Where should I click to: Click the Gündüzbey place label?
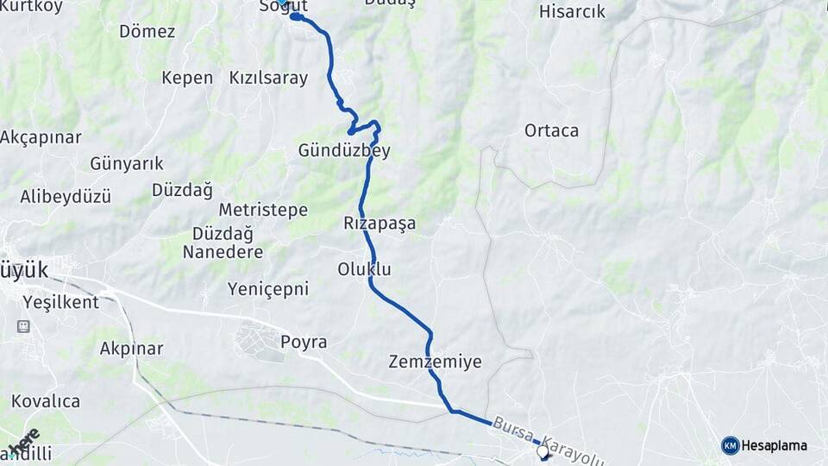click(x=344, y=151)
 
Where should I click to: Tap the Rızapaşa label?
click(x=379, y=224)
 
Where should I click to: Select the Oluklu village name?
click(x=364, y=270)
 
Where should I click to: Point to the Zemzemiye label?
click(x=435, y=362)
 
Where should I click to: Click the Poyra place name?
click(x=304, y=343)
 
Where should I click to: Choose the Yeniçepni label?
click(x=268, y=289)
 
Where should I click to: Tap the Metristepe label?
click(x=263, y=211)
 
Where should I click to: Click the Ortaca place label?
click(x=551, y=131)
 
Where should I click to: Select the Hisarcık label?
click(x=572, y=12)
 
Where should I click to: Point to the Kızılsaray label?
click(x=268, y=78)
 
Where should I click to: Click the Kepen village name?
click(x=187, y=78)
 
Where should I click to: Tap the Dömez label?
click(x=147, y=32)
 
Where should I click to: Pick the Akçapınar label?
click(x=41, y=137)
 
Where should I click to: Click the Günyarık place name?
click(x=127, y=164)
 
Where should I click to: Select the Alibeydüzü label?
click(x=66, y=197)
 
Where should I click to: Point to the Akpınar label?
click(x=131, y=349)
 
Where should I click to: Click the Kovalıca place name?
click(x=46, y=401)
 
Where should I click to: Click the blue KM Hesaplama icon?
click(x=731, y=445)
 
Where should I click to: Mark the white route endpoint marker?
click(x=543, y=450)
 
